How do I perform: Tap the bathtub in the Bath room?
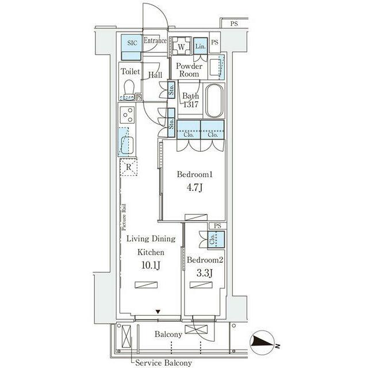click(214, 101)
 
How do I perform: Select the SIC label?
click(132, 43)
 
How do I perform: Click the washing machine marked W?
click(181, 47)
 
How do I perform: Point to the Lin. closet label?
click(201, 46)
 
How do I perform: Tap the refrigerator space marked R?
click(128, 167)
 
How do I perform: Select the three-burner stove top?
click(128, 115)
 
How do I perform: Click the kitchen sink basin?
click(128, 145)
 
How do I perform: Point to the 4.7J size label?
click(194, 188)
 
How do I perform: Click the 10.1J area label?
click(151, 266)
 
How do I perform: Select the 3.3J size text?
click(205, 273)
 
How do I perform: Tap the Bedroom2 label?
click(205, 260)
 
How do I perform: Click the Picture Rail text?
click(124, 217)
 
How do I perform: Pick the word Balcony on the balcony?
click(168, 334)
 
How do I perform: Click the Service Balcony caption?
click(163, 363)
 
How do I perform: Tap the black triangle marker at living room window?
click(158, 312)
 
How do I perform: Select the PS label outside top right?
click(234, 24)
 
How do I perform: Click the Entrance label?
click(155, 41)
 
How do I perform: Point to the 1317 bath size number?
click(191, 105)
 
